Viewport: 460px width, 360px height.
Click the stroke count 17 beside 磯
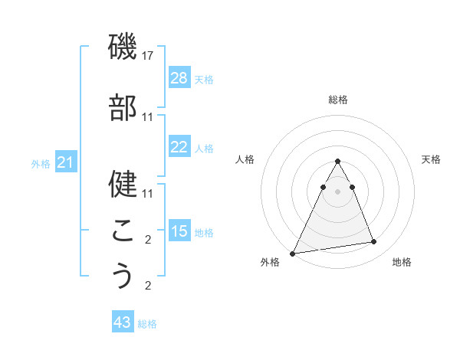(x=148, y=56)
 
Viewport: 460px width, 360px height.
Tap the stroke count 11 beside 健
(x=148, y=193)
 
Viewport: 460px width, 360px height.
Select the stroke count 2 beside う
(x=148, y=286)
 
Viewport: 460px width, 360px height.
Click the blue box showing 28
(x=179, y=78)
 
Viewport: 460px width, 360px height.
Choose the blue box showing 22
(x=179, y=147)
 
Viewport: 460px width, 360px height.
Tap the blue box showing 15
(x=179, y=231)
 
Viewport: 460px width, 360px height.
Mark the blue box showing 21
(x=66, y=162)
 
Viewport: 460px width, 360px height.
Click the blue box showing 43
(x=123, y=322)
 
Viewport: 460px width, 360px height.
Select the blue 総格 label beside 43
(x=147, y=324)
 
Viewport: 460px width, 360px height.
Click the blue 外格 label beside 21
(x=41, y=164)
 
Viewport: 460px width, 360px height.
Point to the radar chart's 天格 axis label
(x=432, y=159)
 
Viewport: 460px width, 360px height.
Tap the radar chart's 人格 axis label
(x=245, y=159)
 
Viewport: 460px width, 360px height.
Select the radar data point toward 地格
(x=374, y=242)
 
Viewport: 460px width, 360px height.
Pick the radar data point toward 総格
(x=338, y=162)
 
